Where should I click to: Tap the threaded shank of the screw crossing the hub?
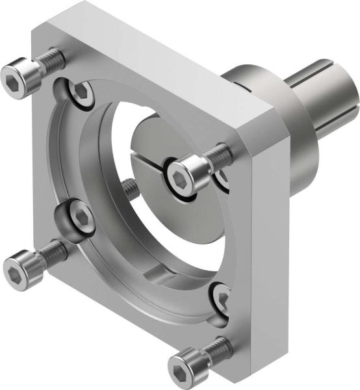click(x=218, y=155)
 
